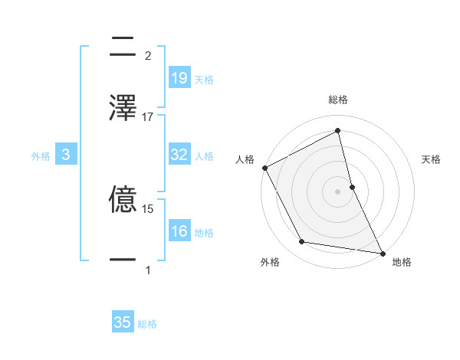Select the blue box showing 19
(179, 78)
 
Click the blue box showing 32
(179, 155)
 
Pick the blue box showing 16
(179, 231)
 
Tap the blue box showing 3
(66, 155)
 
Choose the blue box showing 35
(123, 322)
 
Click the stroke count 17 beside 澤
(148, 117)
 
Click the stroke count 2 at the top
(148, 55)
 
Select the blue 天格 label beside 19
(204, 80)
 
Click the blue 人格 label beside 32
(204, 156)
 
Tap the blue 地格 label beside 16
(204, 233)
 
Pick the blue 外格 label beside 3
(41, 156)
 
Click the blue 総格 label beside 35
(147, 324)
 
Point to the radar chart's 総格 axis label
(338, 100)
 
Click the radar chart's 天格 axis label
(432, 159)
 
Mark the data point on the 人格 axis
(264, 168)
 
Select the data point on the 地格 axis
(382, 252)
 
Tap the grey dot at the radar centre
(337, 191)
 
